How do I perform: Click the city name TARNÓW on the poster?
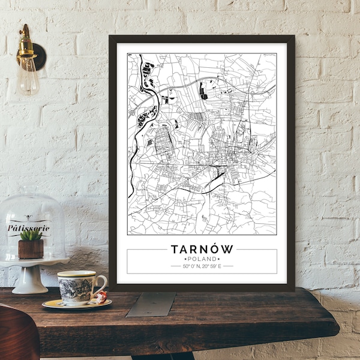click(x=202, y=248)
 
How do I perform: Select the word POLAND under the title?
click(x=202, y=258)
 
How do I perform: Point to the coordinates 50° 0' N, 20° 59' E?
click(x=202, y=265)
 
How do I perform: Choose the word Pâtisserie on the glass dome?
click(x=28, y=228)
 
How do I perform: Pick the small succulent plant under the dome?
click(x=31, y=236)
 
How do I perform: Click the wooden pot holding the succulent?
click(x=31, y=249)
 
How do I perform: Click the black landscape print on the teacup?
click(x=75, y=289)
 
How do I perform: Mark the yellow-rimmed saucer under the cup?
click(x=76, y=304)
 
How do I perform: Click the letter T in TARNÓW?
click(x=175, y=248)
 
